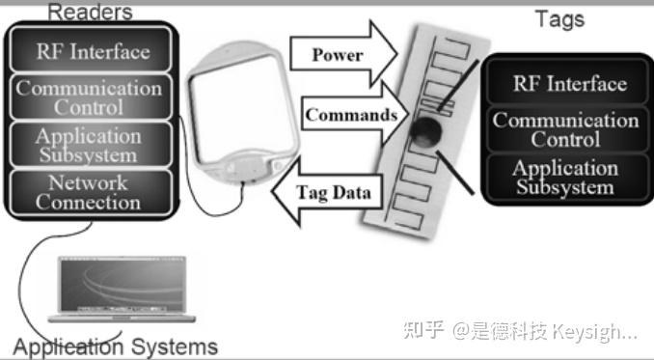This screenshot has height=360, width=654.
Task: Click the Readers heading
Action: tap(89, 12)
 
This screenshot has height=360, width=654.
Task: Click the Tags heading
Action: tap(559, 18)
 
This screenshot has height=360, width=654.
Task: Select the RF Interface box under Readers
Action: tap(92, 51)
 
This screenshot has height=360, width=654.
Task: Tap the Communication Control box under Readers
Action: tap(89, 97)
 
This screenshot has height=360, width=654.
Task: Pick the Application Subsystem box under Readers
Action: tap(89, 145)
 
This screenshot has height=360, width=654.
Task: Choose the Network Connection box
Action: tap(89, 191)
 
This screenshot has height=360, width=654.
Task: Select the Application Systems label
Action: tap(116, 346)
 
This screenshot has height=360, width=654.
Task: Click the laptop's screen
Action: tap(127, 284)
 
